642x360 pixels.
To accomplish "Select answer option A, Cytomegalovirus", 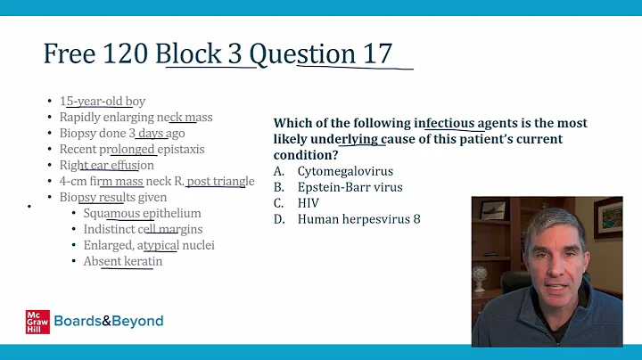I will click(345, 171).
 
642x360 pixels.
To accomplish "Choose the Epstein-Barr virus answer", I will click(350, 187).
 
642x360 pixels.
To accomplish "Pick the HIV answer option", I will click(309, 203).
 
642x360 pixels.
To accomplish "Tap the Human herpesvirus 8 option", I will click(358, 219).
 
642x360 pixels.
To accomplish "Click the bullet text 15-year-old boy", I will click(103, 102).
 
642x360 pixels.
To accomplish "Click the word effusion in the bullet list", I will click(130, 165).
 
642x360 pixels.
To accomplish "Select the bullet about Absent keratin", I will click(123, 261).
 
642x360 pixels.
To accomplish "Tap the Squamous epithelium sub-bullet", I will click(142, 213).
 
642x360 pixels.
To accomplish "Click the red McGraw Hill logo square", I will click(37, 321).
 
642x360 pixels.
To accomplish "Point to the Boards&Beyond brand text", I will click(109, 321).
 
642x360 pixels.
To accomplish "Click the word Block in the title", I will click(198, 53).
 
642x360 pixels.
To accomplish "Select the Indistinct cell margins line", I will click(143, 229).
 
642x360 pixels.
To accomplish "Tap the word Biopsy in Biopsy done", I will click(78, 133).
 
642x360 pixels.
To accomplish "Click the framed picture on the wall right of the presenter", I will click(608, 217).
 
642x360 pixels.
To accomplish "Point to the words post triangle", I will click(220, 181).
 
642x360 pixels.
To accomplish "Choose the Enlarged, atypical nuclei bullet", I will click(149, 245).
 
